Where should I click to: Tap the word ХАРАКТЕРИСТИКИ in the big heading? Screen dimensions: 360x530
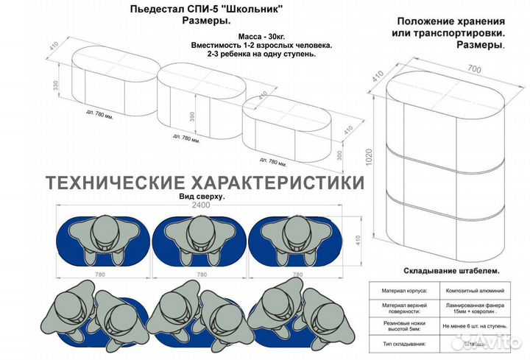coord(276,182)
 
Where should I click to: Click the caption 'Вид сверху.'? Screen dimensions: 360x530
coord(201,197)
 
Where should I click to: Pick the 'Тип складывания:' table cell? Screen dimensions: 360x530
coord(405,344)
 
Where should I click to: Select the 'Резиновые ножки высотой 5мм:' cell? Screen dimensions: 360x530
coord(405,325)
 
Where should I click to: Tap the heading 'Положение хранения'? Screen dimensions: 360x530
coord(450,22)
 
